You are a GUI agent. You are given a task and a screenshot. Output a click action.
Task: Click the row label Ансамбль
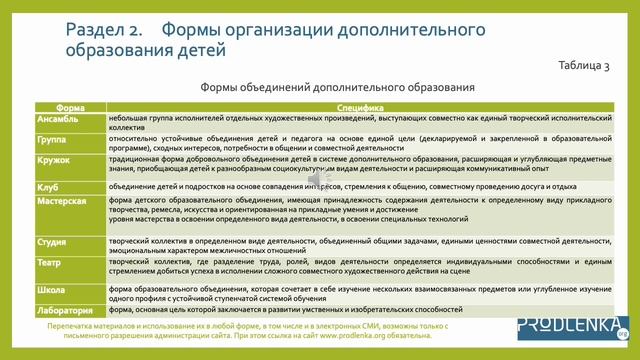(x=56, y=117)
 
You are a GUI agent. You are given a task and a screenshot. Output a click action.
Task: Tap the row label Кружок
(x=53, y=161)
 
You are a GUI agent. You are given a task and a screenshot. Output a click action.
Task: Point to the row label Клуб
(x=48, y=187)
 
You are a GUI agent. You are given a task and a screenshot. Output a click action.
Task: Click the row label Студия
(x=52, y=241)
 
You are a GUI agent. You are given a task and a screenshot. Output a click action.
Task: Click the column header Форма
(x=70, y=106)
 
